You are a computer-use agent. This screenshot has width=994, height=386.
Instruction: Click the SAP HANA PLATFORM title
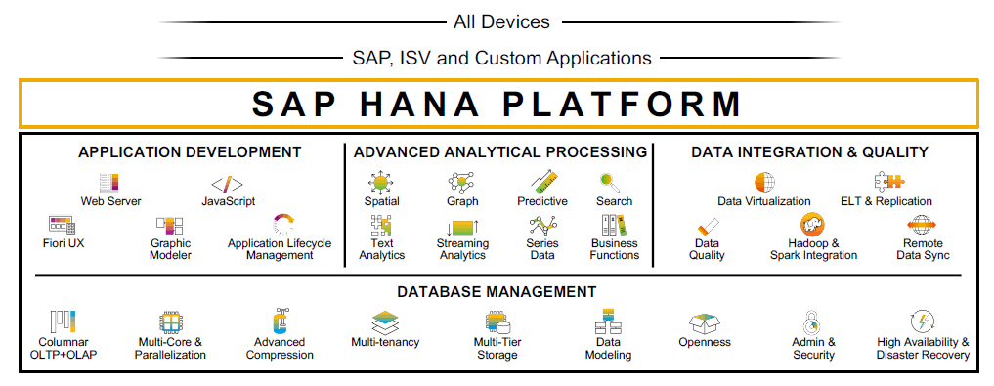(x=497, y=104)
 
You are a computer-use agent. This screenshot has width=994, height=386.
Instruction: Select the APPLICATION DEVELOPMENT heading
(x=190, y=152)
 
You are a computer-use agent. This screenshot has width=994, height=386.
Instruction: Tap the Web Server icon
(x=109, y=183)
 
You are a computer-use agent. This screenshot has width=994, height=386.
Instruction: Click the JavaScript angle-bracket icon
(x=227, y=185)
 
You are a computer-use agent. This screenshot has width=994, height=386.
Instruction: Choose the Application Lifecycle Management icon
(x=283, y=225)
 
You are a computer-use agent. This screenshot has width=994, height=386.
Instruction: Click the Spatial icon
(x=381, y=183)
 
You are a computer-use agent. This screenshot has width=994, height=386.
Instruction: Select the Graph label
(x=462, y=201)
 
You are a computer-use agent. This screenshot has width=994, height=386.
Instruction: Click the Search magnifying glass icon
(x=609, y=183)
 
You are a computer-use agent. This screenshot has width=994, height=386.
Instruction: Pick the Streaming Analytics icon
(x=462, y=227)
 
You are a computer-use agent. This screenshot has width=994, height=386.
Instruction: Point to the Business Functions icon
(x=614, y=225)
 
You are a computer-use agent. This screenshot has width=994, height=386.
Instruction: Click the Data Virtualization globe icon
(x=764, y=183)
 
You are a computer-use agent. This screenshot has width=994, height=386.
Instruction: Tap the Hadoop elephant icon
(x=813, y=225)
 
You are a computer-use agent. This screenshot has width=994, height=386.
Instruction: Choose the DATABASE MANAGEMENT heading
(x=497, y=292)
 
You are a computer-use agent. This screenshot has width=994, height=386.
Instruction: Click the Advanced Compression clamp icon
(x=280, y=321)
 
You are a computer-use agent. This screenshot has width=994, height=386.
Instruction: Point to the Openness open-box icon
(x=705, y=323)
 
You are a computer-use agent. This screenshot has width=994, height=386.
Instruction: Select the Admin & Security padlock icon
(x=812, y=322)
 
